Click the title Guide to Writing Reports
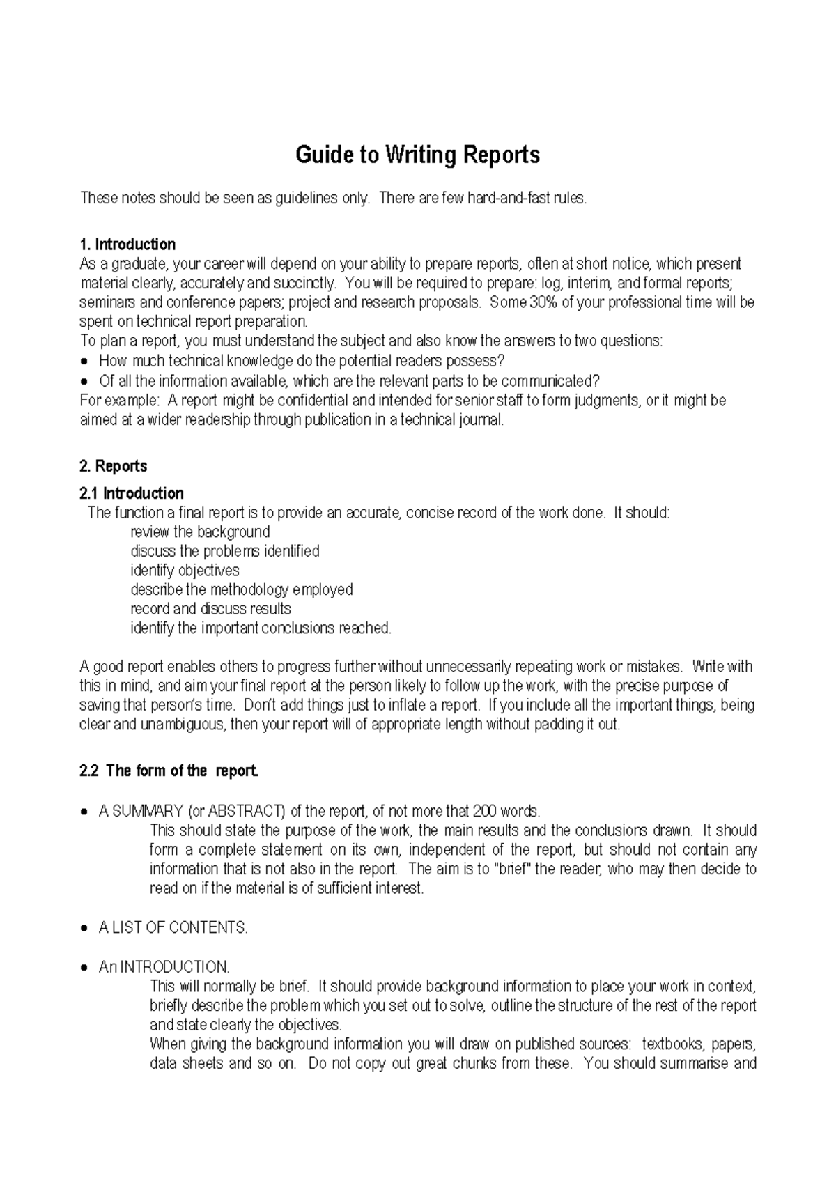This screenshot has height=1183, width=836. pos(417,154)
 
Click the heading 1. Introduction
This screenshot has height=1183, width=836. pos(128,245)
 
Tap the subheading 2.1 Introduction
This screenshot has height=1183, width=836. pos(132,493)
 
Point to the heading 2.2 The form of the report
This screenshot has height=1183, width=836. pos(170,771)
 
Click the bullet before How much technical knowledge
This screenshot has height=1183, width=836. pos(85,362)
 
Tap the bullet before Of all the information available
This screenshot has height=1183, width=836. pos(85,381)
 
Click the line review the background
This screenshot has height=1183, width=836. pos(200,532)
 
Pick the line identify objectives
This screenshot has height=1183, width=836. pos(185,570)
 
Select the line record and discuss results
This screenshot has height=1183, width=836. pos(210,608)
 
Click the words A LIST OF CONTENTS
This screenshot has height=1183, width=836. pos(173,927)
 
